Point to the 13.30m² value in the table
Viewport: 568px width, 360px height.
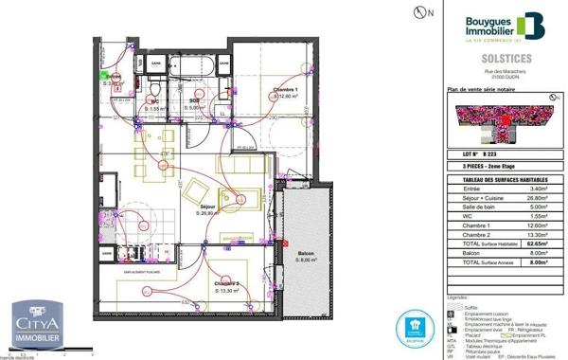(x=537, y=234)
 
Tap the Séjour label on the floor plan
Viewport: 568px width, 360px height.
(x=207, y=206)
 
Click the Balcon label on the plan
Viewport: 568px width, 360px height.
(x=306, y=255)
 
